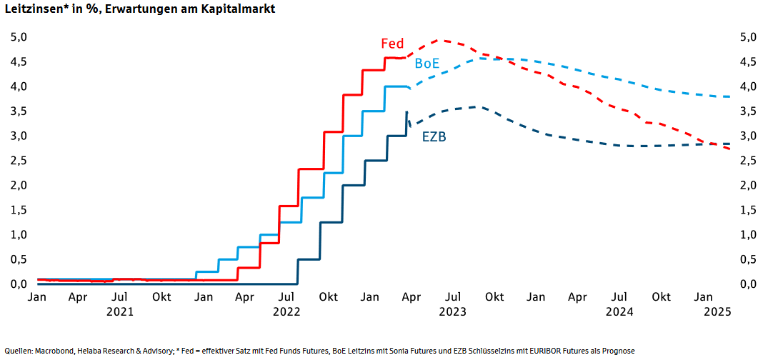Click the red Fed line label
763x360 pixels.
pyautogui.click(x=392, y=44)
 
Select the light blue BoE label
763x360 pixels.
pyautogui.click(x=427, y=64)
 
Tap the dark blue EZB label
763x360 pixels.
pyautogui.click(x=434, y=136)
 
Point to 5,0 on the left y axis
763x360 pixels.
pyautogui.click(x=19, y=37)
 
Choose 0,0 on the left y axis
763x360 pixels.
pyautogui.click(x=19, y=284)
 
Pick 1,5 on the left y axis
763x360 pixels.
pyautogui.click(x=19, y=210)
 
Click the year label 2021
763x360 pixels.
pyautogui.click(x=119, y=311)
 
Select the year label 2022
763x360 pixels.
pyautogui.click(x=286, y=311)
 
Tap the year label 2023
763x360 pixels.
pyautogui.click(x=453, y=311)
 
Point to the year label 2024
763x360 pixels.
pyautogui.click(x=619, y=311)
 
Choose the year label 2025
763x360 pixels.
pyautogui.click(x=718, y=311)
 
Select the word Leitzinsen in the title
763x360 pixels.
pyautogui.click(x=34, y=9)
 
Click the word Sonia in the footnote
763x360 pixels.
pyautogui.click(x=377, y=351)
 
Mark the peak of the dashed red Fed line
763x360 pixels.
pyautogui.click(x=442, y=41)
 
